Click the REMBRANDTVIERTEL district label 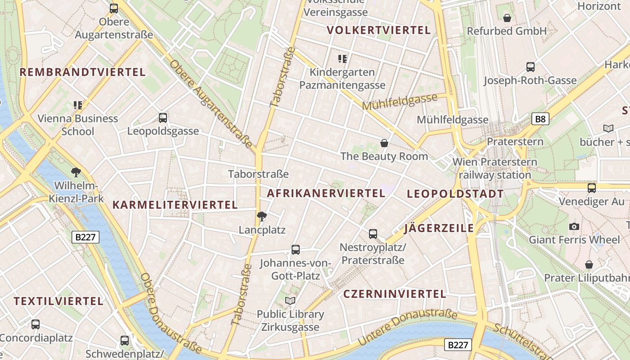[x=82, y=72]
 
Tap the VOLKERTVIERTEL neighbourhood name [x=378, y=30]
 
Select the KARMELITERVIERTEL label [x=175, y=205]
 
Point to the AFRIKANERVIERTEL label [x=326, y=193]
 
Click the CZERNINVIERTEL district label [x=395, y=294]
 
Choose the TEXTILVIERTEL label [x=58, y=301]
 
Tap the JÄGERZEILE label [x=439, y=228]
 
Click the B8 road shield [x=540, y=119]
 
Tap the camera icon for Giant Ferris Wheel [x=574, y=226]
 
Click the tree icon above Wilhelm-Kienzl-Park [x=76, y=172]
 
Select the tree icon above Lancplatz [x=261, y=216]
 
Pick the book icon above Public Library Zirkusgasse [x=290, y=301]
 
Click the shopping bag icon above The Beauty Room [x=384, y=143]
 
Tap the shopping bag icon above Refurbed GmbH [x=507, y=18]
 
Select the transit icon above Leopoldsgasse [x=163, y=118]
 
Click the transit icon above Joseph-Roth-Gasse [x=531, y=67]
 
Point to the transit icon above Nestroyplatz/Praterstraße [x=373, y=234]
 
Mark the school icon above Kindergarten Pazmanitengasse [x=342, y=58]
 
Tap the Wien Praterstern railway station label [x=495, y=168]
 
